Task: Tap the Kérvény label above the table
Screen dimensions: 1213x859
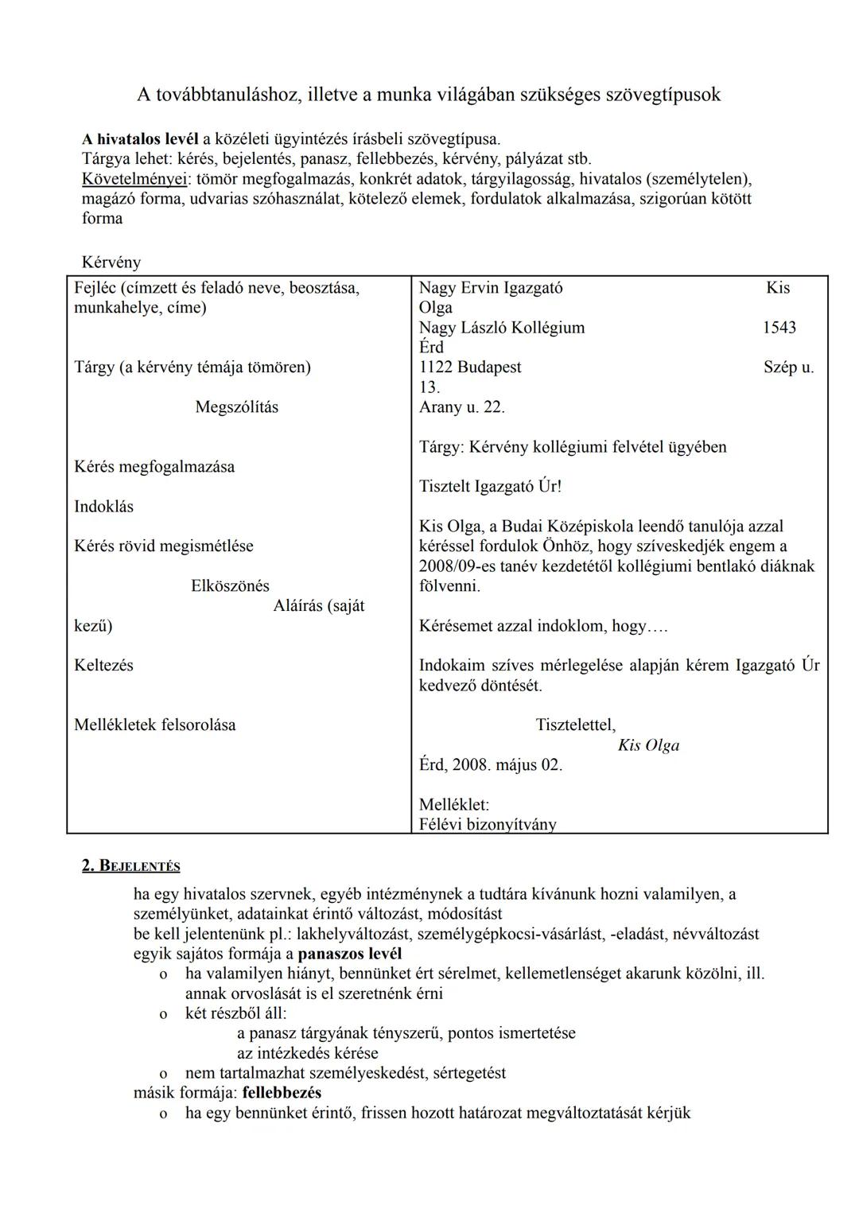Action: coord(111,262)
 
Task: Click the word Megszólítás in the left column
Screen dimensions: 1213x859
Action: coord(237,407)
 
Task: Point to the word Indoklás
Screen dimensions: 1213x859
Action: coord(104,507)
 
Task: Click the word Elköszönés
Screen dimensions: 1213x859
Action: coord(230,586)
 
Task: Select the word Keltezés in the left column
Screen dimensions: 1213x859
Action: coord(104,666)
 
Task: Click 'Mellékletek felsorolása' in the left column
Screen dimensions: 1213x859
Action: coord(155,725)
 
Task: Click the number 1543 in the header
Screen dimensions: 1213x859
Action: coord(779,328)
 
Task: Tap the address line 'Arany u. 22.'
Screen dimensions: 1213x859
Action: coord(462,407)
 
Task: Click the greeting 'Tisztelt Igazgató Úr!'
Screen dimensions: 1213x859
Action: coord(491,487)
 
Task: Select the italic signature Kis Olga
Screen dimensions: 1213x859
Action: coord(648,746)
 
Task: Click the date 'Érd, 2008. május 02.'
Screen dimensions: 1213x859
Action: coord(491,765)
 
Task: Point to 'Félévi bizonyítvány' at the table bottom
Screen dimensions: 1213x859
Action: coord(488,825)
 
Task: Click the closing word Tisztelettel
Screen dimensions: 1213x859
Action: coord(576,725)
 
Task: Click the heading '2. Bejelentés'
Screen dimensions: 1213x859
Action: coord(131,866)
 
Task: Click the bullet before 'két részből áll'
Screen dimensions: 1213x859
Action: coord(163,1014)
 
